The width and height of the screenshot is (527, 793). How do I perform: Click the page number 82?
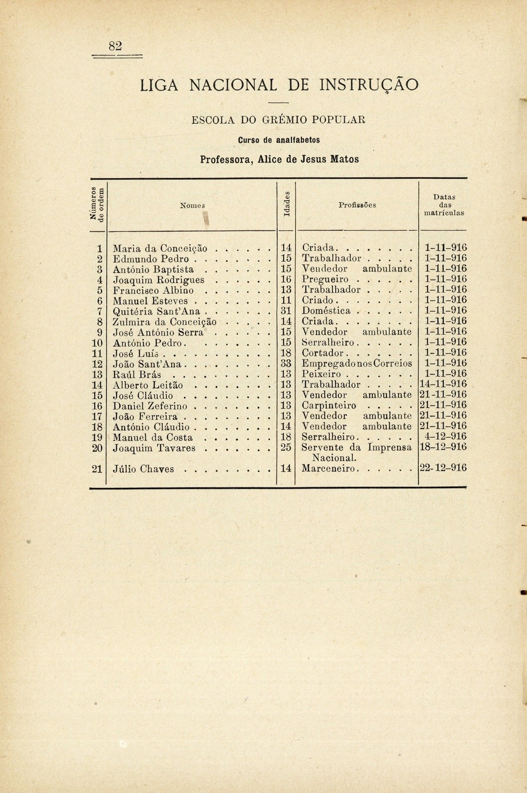tap(115, 46)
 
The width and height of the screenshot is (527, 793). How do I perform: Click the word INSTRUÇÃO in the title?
tap(368, 85)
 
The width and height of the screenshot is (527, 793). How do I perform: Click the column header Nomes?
tap(192, 205)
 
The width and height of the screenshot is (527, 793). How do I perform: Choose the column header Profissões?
tap(357, 205)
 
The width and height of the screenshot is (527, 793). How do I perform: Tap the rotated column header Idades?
tap(286, 205)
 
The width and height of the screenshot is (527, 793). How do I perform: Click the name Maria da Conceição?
tap(160, 248)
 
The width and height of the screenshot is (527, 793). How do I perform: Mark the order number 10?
tap(97, 343)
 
